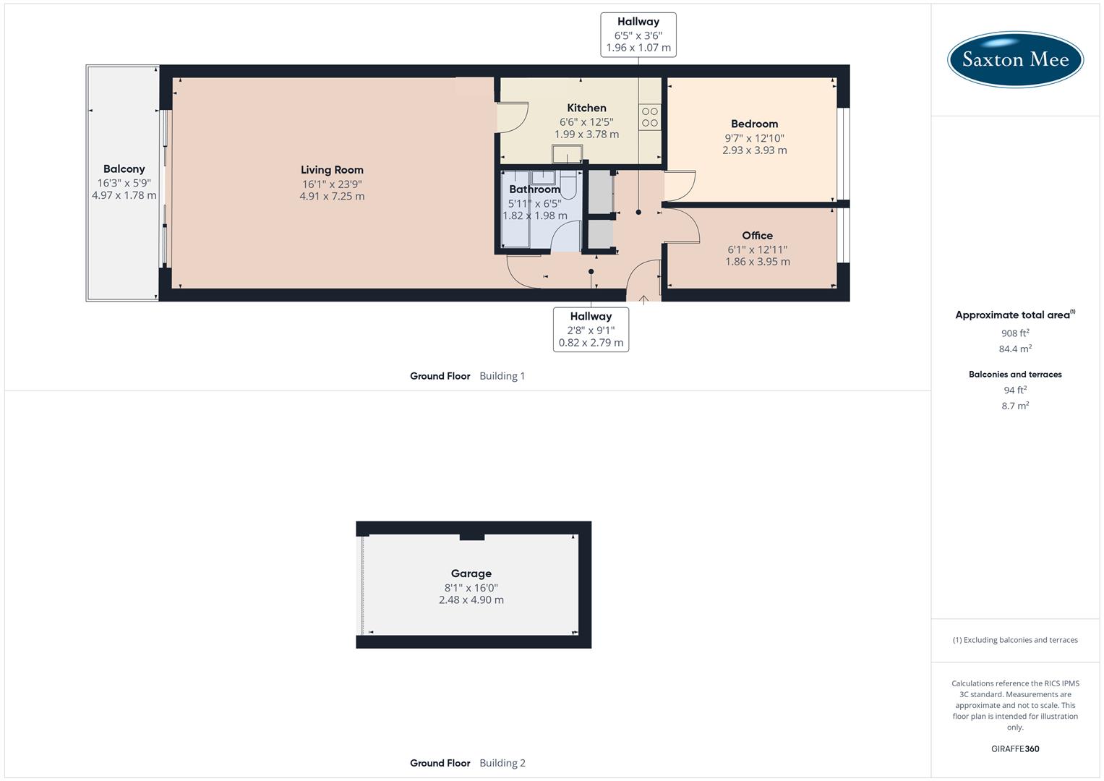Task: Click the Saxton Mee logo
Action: click(1015, 59)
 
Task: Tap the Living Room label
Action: click(332, 170)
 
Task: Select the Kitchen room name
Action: click(586, 108)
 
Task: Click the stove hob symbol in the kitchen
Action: click(649, 117)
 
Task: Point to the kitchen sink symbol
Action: click(567, 155)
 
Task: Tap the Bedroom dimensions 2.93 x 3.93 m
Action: click(754, 150)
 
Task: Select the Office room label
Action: click(757, 235)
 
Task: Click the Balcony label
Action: click(124, 168)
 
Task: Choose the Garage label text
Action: click(471, 573)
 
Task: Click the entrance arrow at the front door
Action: click(643, 299)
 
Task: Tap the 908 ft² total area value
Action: click(1015, 333)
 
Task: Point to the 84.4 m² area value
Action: click(1015, 349)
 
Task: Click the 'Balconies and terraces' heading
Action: click(1015, 374)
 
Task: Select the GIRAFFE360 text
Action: click(1015, 748)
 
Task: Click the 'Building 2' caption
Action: click(502, 763)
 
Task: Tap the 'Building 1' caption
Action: click(502, 376)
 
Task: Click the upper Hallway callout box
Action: click(638, 35)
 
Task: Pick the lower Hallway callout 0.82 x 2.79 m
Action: click(591, 343)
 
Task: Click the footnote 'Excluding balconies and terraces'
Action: click(1015, 640)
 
